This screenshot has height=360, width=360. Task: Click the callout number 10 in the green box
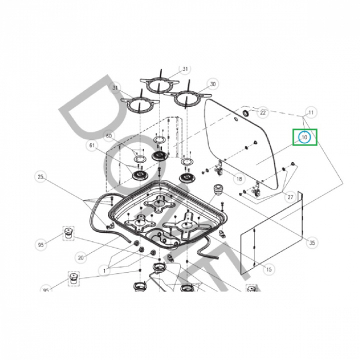pos(305,136)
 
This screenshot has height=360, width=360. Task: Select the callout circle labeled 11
pos(311,112)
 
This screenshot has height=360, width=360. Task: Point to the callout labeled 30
pos(212,84)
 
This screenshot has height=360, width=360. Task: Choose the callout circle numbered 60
pos(108,136)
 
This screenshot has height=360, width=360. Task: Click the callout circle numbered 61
pos(91,146)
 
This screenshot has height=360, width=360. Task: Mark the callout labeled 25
pos(41,176)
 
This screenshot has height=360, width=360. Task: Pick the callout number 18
pos(238,178)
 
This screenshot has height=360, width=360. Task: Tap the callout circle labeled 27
pos(290,197)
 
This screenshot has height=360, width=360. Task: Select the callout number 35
pos(312,243)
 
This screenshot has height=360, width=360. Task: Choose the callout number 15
pos(269,269)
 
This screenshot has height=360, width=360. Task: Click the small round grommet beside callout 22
pos(245,114)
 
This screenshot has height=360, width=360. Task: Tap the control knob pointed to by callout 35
pos(218,190)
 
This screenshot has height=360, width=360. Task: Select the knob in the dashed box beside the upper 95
pos(67,233)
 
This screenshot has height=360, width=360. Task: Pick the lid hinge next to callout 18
pos(218,168)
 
